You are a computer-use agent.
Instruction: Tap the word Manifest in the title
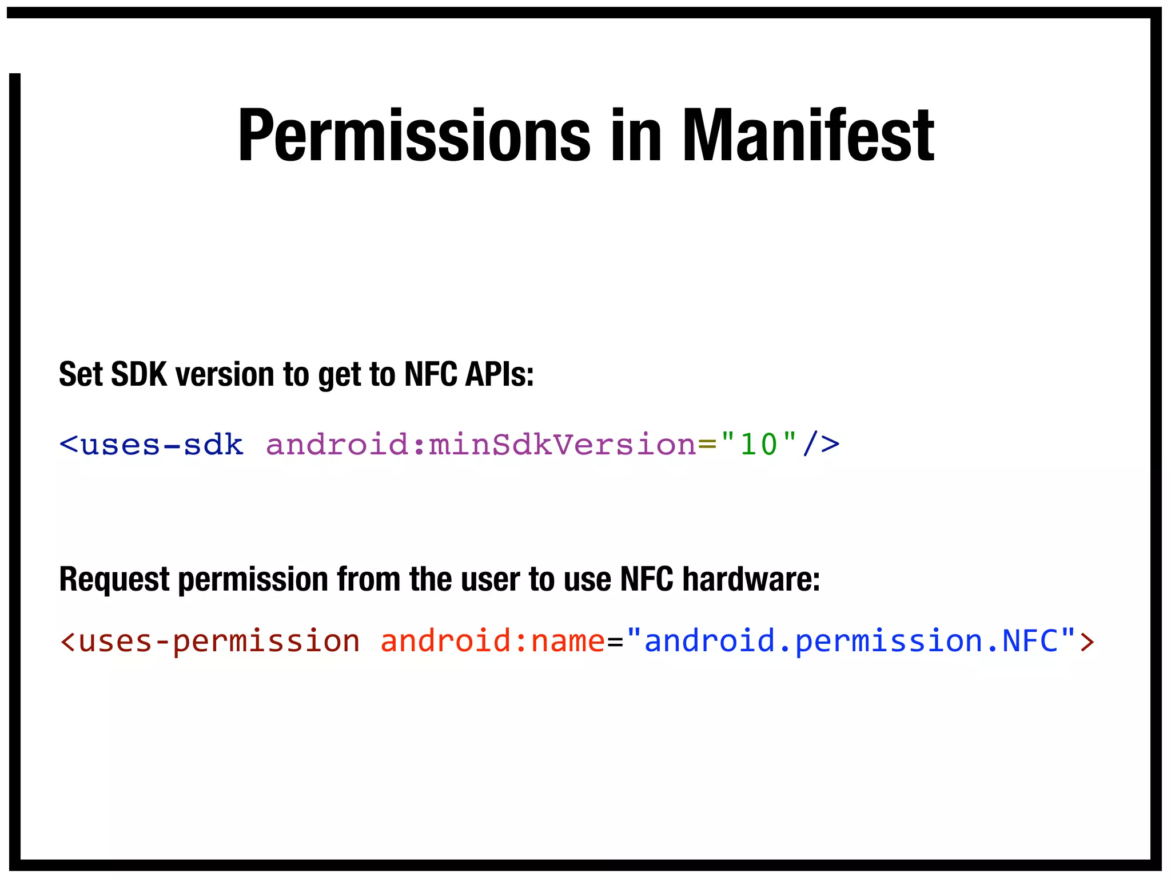(x=808, y=136)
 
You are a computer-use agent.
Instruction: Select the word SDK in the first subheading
(x=139, y=375)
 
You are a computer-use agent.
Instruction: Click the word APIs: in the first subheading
(x=499, y=375)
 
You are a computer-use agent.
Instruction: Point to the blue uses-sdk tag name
(x=162, y=445)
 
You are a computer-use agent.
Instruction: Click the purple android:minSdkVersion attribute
(x=481, y=445)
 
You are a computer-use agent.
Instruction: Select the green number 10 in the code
(x=759, y=445)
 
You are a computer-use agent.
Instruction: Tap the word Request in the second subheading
(x=114, y=579)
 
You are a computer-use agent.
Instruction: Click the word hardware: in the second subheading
(x=751, y=579)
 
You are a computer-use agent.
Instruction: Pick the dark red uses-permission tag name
(x=219, y=641)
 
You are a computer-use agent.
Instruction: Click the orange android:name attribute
(x=492, y=641)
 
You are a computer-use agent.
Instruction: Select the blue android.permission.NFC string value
(x=851, y=641)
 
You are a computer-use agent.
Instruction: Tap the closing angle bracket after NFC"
(x=1087, y=641)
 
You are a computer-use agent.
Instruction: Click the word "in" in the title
(x=635, y=136)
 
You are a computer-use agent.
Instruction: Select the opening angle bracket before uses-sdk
(x=68, y=445)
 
